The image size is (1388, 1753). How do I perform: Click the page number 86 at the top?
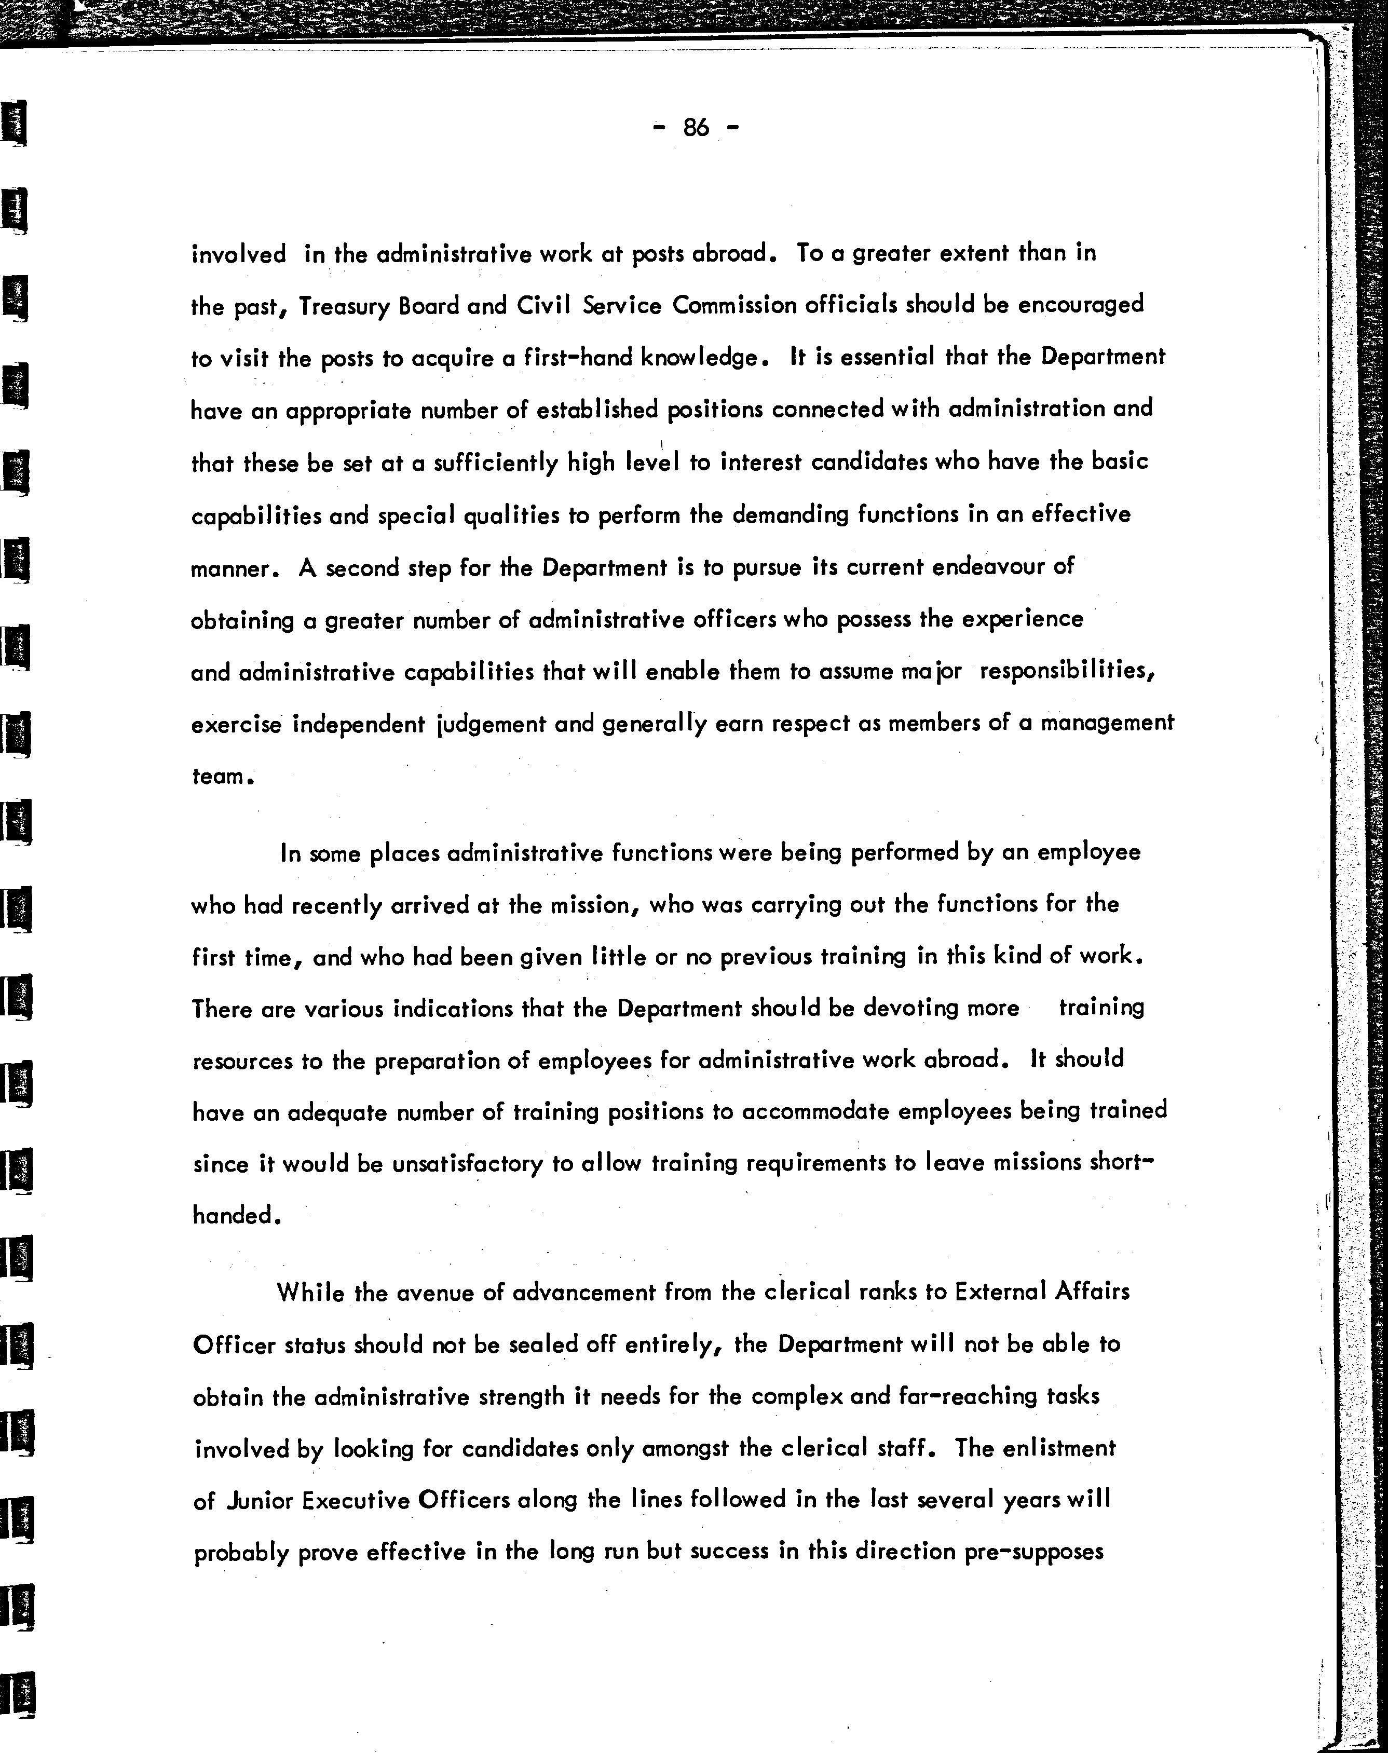tap(697, 128)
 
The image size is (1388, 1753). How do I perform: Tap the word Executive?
tap(356, 1500)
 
